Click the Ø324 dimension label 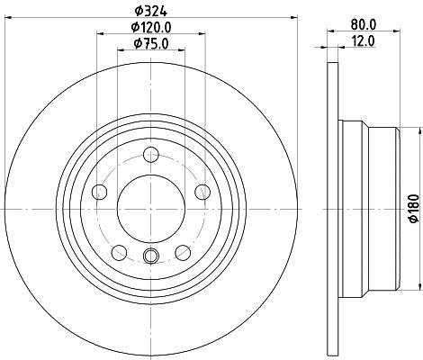tap(150, 12)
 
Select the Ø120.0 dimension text tap(151, 28)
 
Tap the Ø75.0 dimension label tap(151, 44)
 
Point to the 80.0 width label tap(364, 25)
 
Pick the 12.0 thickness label tap(364, 41)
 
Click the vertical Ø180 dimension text tap(414, 209)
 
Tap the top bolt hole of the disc tap(151, 155)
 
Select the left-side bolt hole tap(100, 192)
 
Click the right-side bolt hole tap(202, 192)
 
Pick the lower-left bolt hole tap(119, 253)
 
